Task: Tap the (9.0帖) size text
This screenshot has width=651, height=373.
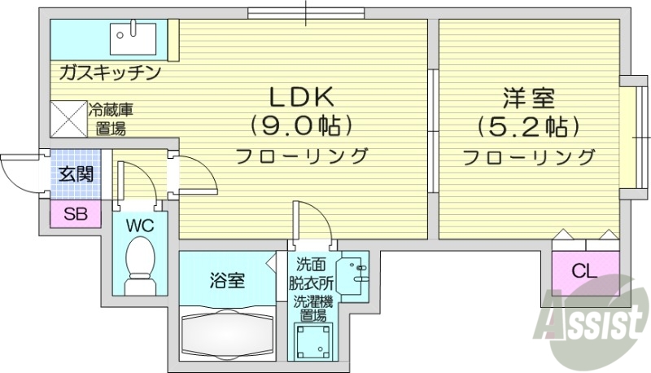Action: coord(301,126)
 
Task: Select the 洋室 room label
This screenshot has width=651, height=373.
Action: coord(528,99)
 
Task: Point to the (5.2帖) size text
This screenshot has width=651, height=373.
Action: coord(528,127)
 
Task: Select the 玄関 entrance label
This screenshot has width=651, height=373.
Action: coord(75,173)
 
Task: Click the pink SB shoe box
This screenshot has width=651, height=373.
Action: coord(75,215)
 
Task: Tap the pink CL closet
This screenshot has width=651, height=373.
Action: coord(581,271)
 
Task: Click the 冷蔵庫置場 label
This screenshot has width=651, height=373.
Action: coord(108,118)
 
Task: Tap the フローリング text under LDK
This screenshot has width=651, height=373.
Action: coord(301,156)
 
